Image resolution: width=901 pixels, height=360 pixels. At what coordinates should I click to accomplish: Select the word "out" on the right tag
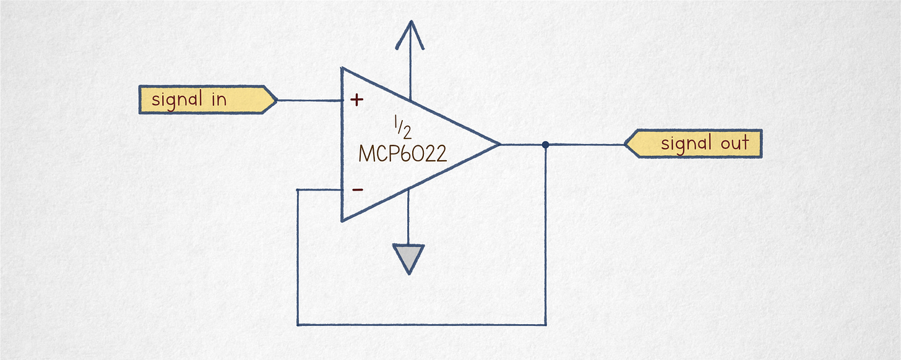tap(735, 144)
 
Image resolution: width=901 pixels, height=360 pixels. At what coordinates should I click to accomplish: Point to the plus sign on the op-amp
tap(357, 100)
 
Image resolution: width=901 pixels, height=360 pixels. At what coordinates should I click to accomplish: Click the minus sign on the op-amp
tap(358, 190)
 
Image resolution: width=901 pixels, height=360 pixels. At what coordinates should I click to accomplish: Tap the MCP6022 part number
tap(402, 153)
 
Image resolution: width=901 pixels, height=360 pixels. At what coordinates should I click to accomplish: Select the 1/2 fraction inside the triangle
tap(402, 127)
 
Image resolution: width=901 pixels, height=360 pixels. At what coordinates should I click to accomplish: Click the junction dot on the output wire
tap(545, 145)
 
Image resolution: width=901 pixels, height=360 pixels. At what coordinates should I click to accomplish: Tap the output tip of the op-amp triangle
tap(498, 145)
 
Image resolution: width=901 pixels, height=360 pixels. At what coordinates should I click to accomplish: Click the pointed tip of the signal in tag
tap(275, 100)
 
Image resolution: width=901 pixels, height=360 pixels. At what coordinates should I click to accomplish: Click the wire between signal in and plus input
tap(309, 100)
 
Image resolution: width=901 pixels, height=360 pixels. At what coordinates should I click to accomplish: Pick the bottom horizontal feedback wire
tap(421, 324)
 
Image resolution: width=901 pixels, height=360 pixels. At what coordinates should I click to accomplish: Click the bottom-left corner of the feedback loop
tap(298, 324)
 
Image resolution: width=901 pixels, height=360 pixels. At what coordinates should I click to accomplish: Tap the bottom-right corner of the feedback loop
tap(545, 324)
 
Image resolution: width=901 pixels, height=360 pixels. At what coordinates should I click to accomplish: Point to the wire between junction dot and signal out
tap(585, 145)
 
